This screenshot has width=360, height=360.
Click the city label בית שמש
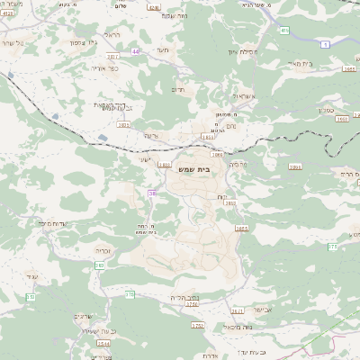click(208, 167)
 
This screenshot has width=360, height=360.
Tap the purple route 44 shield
click(136, 52)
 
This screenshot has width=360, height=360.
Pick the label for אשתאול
click(243, 95)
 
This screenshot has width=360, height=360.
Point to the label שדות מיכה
click(56, 222)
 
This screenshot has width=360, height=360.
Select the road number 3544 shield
click(103, 343)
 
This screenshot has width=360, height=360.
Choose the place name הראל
click(113, 34)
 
